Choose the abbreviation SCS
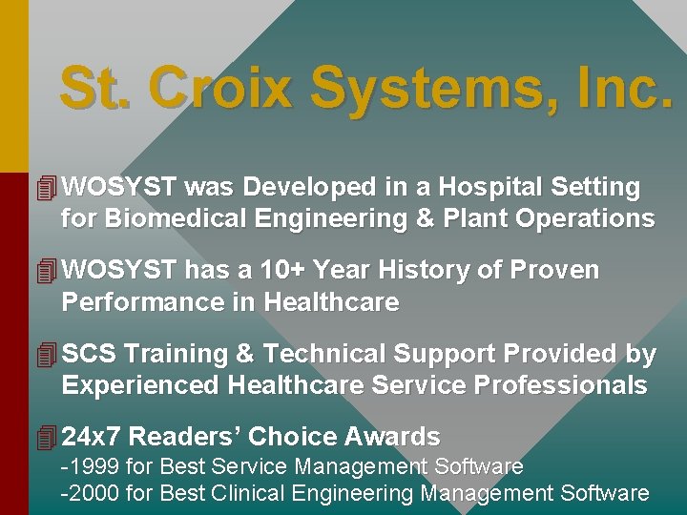point(90,354)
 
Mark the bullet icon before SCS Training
point(46,354)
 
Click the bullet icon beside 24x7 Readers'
point(46,437)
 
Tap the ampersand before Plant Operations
point(425,218)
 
